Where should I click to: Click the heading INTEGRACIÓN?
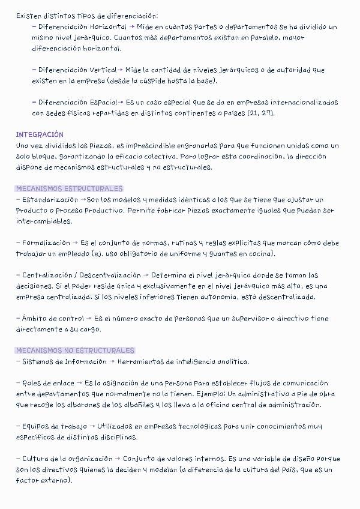(x=40, y=134)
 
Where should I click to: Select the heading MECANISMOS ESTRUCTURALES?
(x=69, y=188)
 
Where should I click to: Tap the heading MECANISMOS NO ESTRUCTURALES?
(x=75, y=350)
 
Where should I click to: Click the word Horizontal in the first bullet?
(x=107, y=27)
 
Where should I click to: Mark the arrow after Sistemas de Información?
(x=112, y=361)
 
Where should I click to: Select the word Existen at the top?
(x=29, y=16)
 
